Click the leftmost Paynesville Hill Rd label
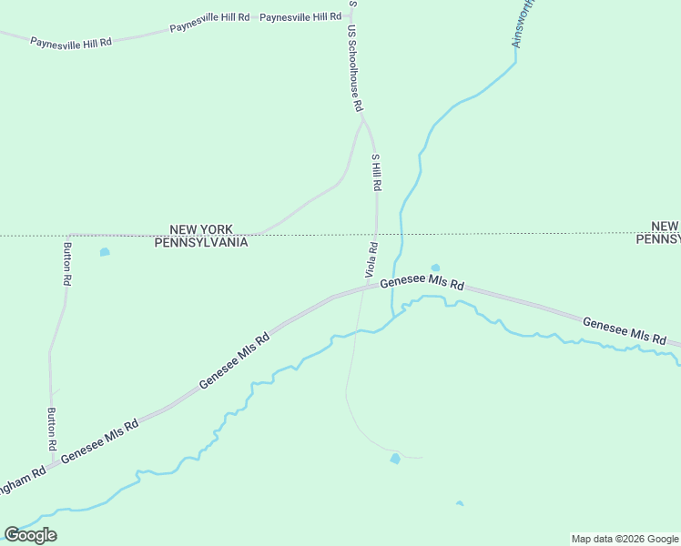[x=70, y=42]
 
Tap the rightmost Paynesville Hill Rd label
[x=300, y=16]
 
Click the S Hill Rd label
[x=376, y=172]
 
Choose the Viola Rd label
[x=371, y=259]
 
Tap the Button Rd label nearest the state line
[x=66, y=265]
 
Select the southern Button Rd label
[x=52, y=430]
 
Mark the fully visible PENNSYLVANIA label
[x=201, y=242]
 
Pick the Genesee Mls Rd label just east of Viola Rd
[x=422, y=284]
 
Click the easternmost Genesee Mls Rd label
[x=624, y=330]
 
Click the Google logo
[x=30, y=535]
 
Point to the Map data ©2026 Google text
[x=625, y=539]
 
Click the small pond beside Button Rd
[x=105, y=252]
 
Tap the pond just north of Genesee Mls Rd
[x=434, y=267]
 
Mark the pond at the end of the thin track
[x=395, y=459]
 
